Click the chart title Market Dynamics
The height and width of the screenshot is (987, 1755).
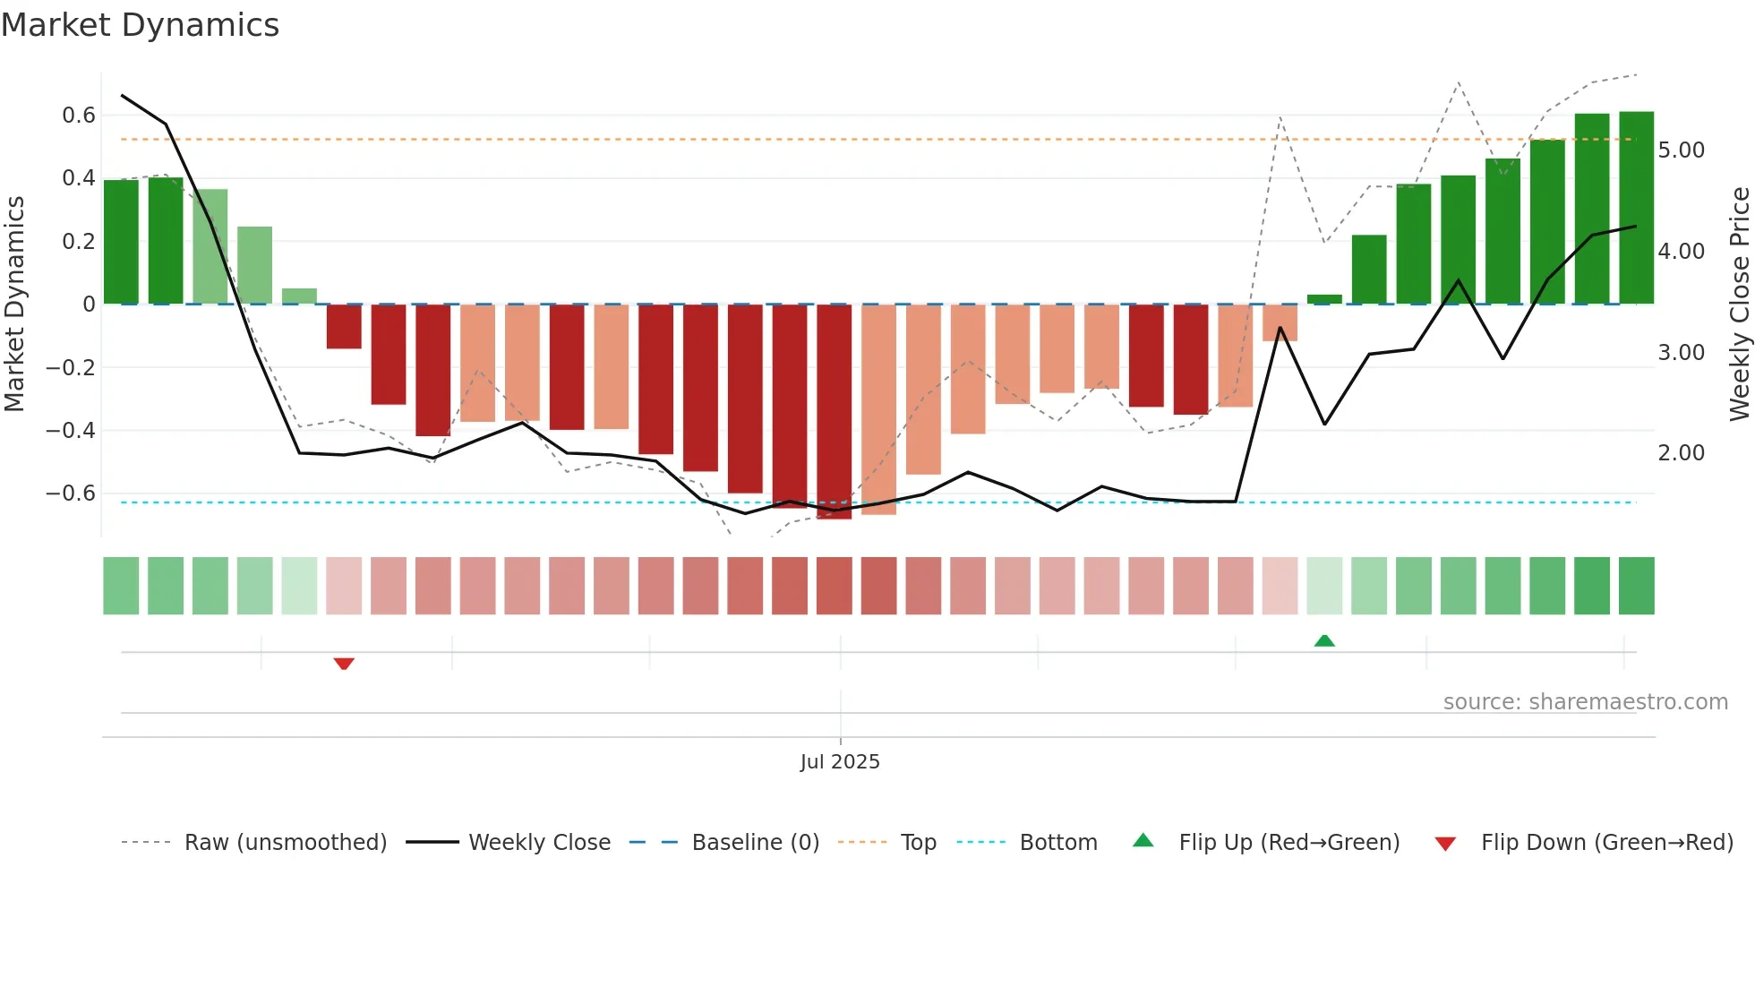(x=140, y=25)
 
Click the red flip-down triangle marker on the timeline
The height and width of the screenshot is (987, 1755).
(x=344, y=664)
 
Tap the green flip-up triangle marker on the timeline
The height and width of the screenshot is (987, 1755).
(x=1324, y=640)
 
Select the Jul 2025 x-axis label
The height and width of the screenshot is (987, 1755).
(x=840, y=761)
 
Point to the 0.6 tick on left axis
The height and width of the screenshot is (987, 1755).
(x=79, y=115)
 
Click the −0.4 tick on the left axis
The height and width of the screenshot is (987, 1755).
(x=71, y=430)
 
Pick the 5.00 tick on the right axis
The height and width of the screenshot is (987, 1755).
(x=1681, y=150)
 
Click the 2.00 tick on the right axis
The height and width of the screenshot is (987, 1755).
(x=1681, y=453)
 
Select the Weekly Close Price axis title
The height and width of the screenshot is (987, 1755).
(x=1739, y=305)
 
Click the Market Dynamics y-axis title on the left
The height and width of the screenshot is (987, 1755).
(x=14, y=305)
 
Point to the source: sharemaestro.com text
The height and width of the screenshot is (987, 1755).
(x=1585, y=702)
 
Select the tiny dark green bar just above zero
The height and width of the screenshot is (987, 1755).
(x=1324, y=299)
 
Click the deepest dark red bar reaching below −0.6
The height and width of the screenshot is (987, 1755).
(x=834, y=412)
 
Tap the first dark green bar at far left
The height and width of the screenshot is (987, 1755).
(x=121, y=242)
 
